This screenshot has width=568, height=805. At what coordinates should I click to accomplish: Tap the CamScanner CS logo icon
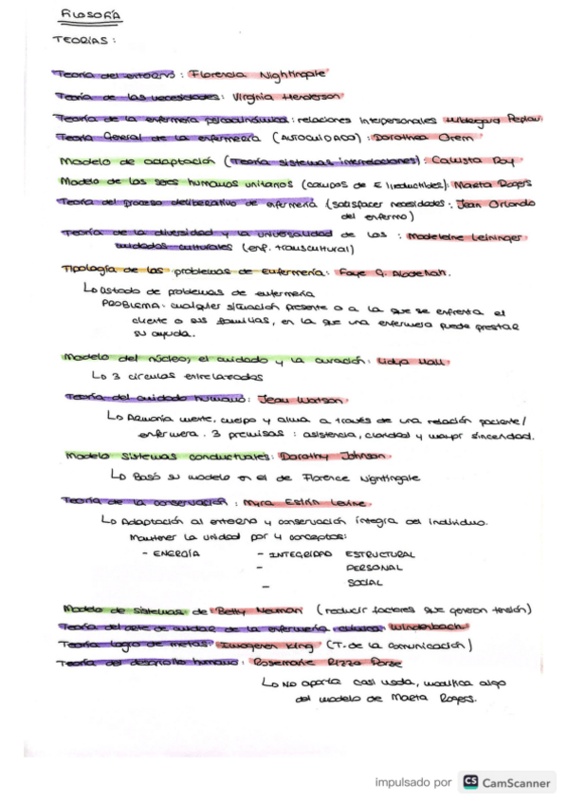pos(470,783)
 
